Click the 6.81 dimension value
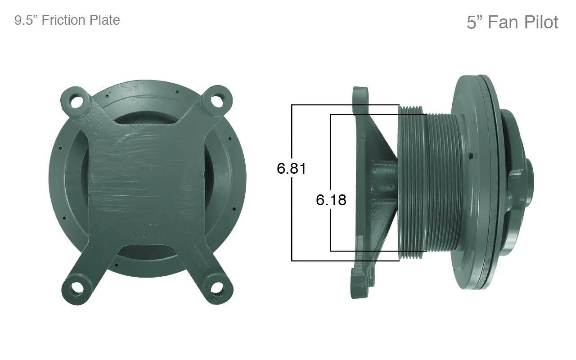point(291,169)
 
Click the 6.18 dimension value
point(331,200)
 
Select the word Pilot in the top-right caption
point(541,22)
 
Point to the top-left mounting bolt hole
point(76,101)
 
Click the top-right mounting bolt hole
point(217,101)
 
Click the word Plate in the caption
point(105,20)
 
